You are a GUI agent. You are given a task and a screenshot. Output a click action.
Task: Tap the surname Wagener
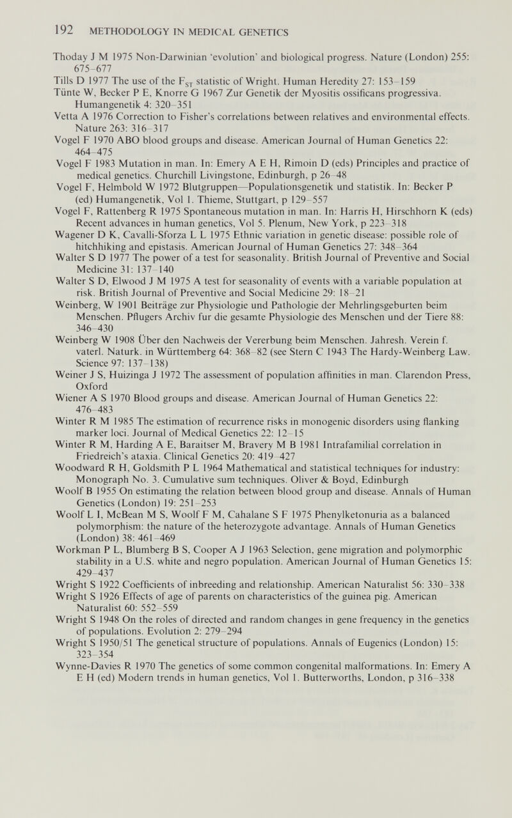point(72,235)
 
